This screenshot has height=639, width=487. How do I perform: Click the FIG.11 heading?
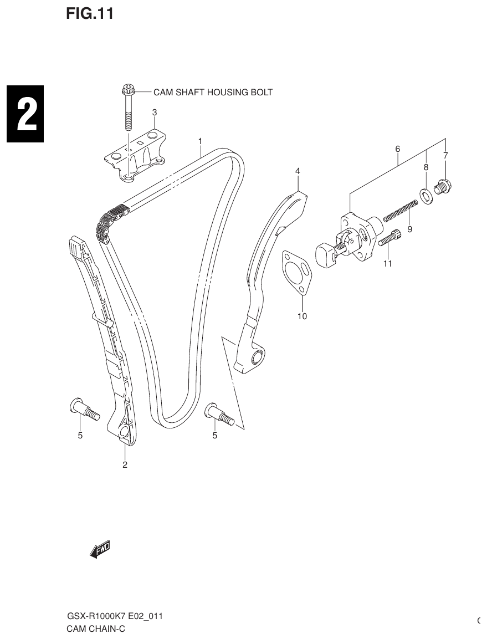[90, 14]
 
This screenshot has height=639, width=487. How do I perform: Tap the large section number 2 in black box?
[25, 115]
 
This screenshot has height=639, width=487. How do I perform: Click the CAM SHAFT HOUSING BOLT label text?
[213, 92]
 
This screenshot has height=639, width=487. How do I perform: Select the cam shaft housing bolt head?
[127, 89]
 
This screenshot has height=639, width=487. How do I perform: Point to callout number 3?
[155, 113]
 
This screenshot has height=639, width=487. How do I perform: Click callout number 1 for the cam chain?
[201, 142]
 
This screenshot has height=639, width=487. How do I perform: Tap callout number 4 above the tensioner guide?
[298, 171]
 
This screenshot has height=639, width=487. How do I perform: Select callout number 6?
[397, 149]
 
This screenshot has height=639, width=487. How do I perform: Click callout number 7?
[445, 156]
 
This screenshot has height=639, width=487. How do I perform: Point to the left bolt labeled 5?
[85, 411]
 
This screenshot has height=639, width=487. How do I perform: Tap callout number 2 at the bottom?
[125, 464]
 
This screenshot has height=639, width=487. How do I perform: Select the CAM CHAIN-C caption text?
[95, 628]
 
